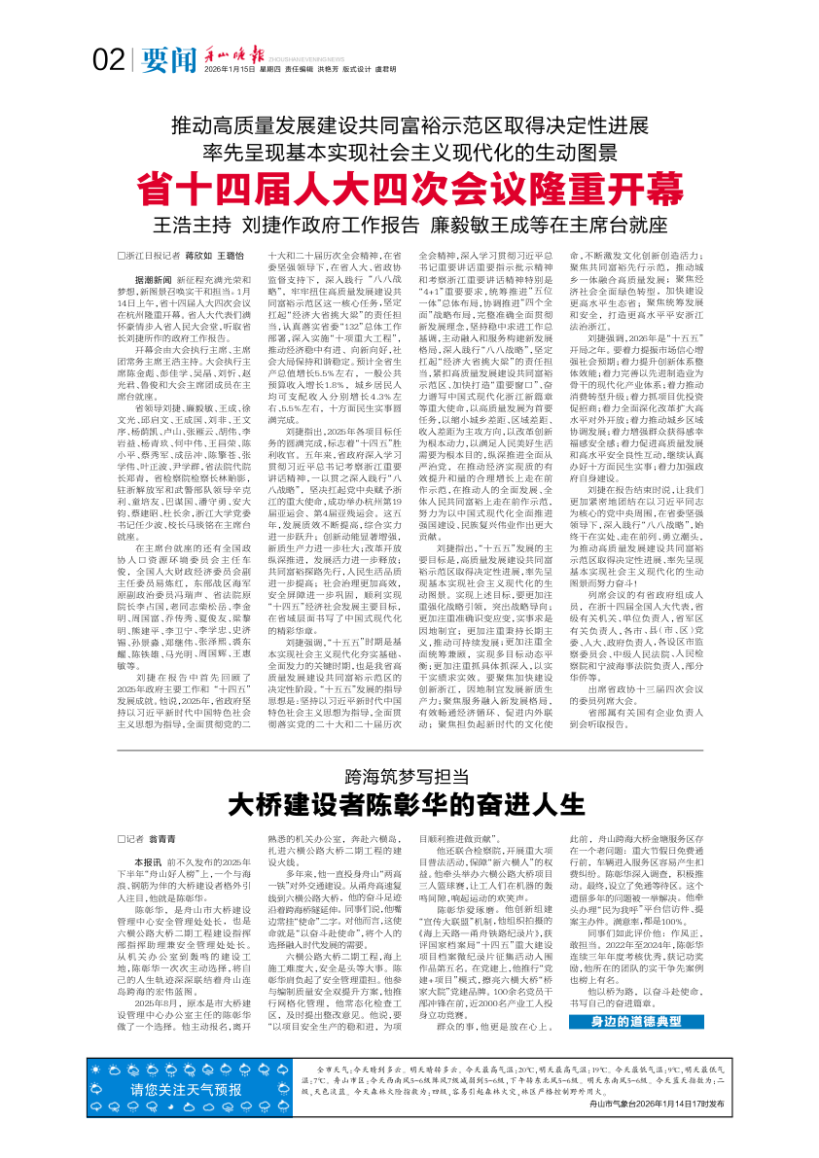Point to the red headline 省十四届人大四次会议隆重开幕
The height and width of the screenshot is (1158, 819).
[x=409, y=186]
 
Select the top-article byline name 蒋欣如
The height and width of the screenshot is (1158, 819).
[x=199, y=255]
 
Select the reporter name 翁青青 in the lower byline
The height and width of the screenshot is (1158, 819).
[x=162, y=837]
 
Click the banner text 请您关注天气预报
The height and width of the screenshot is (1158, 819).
[x=187, y=1088]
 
